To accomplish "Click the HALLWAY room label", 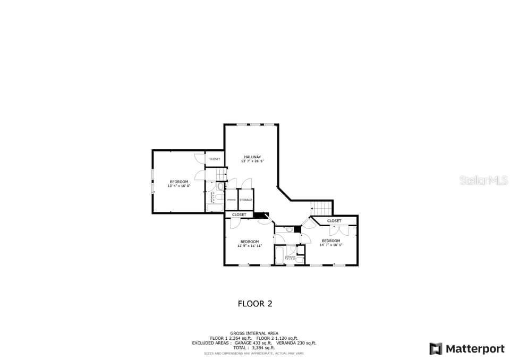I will point(252,157).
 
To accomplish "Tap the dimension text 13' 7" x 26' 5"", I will point(252,161).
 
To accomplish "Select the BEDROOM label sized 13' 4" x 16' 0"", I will point(178,182).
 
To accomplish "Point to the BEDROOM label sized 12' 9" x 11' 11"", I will point(249,242).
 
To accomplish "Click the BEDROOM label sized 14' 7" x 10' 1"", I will point(330,241).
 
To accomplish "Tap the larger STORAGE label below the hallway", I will point(245,200).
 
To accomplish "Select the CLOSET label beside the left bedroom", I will point(215,159).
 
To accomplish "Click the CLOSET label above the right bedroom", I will point(334,220).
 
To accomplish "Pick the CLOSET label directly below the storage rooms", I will point(239,215).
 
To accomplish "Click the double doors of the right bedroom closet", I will point(338,230).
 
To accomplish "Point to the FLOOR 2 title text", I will point(254,304).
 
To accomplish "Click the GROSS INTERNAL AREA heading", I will point(254,333).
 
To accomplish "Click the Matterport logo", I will point(467,349).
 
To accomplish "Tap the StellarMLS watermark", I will point(483,181).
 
